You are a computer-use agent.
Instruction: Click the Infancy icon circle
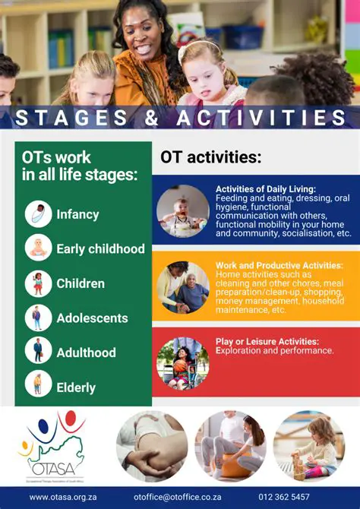point(38,214)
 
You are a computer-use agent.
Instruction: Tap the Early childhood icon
point(38,248)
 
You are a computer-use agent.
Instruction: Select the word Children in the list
point(81,283)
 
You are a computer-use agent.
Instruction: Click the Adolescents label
point(92,318)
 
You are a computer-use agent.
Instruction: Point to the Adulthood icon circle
point(38,352)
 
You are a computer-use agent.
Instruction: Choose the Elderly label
point(76,387)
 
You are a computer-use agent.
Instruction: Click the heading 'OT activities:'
point(210,157)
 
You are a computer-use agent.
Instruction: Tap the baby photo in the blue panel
point(183,211)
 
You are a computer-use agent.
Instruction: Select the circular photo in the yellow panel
point(183,287)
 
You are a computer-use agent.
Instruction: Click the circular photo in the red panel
point(183,363)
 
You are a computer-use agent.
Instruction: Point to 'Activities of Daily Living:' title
point(265,189)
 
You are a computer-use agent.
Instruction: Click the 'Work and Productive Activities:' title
point(279,265)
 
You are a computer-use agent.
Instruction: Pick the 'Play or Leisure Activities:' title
point(267,341)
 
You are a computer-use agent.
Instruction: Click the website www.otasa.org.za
point(63,497)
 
